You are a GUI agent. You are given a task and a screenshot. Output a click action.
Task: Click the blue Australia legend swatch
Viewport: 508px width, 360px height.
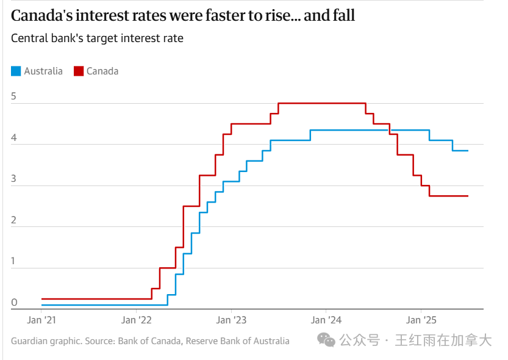point(16,71)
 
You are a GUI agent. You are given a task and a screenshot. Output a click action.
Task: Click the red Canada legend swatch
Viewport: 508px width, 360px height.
point(78,71)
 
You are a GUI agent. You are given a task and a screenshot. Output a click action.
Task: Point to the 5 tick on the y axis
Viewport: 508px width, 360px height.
point(14,96)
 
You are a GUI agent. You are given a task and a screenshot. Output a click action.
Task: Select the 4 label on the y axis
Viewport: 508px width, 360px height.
point(14,138)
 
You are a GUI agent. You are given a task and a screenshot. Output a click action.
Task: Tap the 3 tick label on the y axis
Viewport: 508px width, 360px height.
point(14,179)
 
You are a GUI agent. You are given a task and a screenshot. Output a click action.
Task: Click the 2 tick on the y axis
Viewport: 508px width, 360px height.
point(14,220)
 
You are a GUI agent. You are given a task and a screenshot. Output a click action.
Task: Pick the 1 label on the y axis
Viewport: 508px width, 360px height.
point(14,261)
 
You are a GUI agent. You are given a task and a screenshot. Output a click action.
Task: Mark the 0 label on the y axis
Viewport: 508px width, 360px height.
point(14,303)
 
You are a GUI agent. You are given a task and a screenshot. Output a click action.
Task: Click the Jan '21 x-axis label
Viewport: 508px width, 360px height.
point(41,320)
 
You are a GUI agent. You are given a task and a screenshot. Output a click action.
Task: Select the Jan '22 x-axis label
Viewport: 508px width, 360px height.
point(137,320)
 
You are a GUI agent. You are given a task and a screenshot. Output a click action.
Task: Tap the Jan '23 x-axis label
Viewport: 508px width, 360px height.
point(232,320)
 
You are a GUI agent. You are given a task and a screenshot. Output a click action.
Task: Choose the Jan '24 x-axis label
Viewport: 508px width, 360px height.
point(326,320)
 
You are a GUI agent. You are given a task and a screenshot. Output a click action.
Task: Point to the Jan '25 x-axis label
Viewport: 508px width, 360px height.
point(421,320)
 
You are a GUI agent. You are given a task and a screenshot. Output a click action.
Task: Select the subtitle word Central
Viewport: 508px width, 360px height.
point(29,38)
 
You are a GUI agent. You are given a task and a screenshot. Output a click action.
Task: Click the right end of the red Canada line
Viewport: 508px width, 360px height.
point(468,196)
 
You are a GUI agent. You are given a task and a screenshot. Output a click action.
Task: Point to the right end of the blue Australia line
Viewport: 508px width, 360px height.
point(468,151)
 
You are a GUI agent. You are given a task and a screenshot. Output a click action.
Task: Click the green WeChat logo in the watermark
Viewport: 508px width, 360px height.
point(328,340)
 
